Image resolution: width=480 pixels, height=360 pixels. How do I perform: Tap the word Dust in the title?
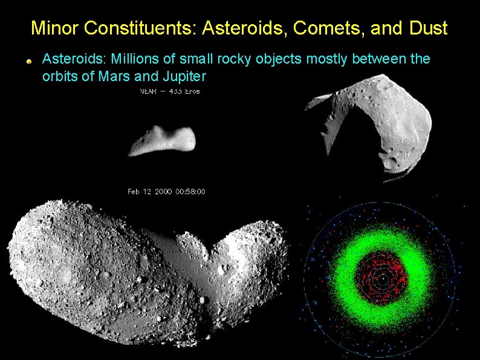pyautogui.click(x=428, y=28)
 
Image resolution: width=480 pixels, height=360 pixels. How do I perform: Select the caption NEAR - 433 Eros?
pyautogui.click(x=169, y=91)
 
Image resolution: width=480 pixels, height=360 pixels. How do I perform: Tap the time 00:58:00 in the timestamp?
pyautogui.click(x=190, y=192)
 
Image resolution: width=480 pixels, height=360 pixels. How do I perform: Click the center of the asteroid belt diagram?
pyautogui.click(x=381, y=280)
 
